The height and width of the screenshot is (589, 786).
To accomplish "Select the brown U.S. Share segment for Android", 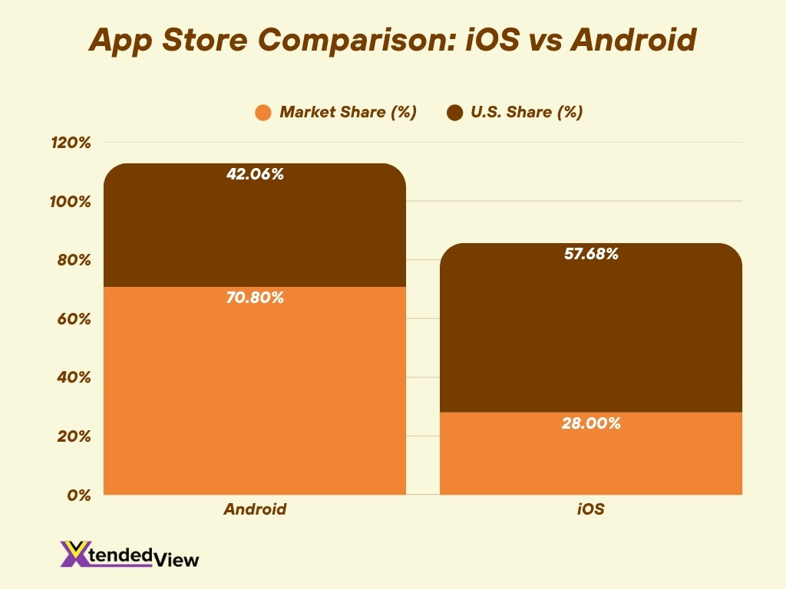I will click(254, 230).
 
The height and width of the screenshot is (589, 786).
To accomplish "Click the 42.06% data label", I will click(255, 174).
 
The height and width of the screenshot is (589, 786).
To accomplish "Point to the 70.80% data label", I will click(255, 298).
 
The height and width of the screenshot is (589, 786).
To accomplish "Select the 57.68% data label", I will click(590, 254).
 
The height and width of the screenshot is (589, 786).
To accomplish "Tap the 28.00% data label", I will click(590, 423).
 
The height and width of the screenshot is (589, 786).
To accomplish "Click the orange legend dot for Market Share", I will click(263, 113).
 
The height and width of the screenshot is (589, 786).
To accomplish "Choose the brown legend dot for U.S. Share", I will click(455, 113).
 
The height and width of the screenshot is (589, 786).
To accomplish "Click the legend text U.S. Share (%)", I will click(527, 112).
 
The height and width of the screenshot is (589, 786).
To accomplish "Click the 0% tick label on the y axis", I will click(80, 495).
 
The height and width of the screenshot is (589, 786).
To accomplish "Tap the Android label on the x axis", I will click(255, 509).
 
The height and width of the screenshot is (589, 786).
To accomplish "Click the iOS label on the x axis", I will click(590, 509).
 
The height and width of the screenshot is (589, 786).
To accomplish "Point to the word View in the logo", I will click(179, 560).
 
